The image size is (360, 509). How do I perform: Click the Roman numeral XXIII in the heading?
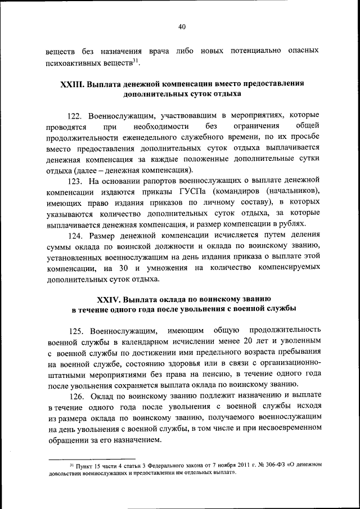(x=71, y=84)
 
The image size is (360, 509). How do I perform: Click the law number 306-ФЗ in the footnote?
(x=268, y=464)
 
